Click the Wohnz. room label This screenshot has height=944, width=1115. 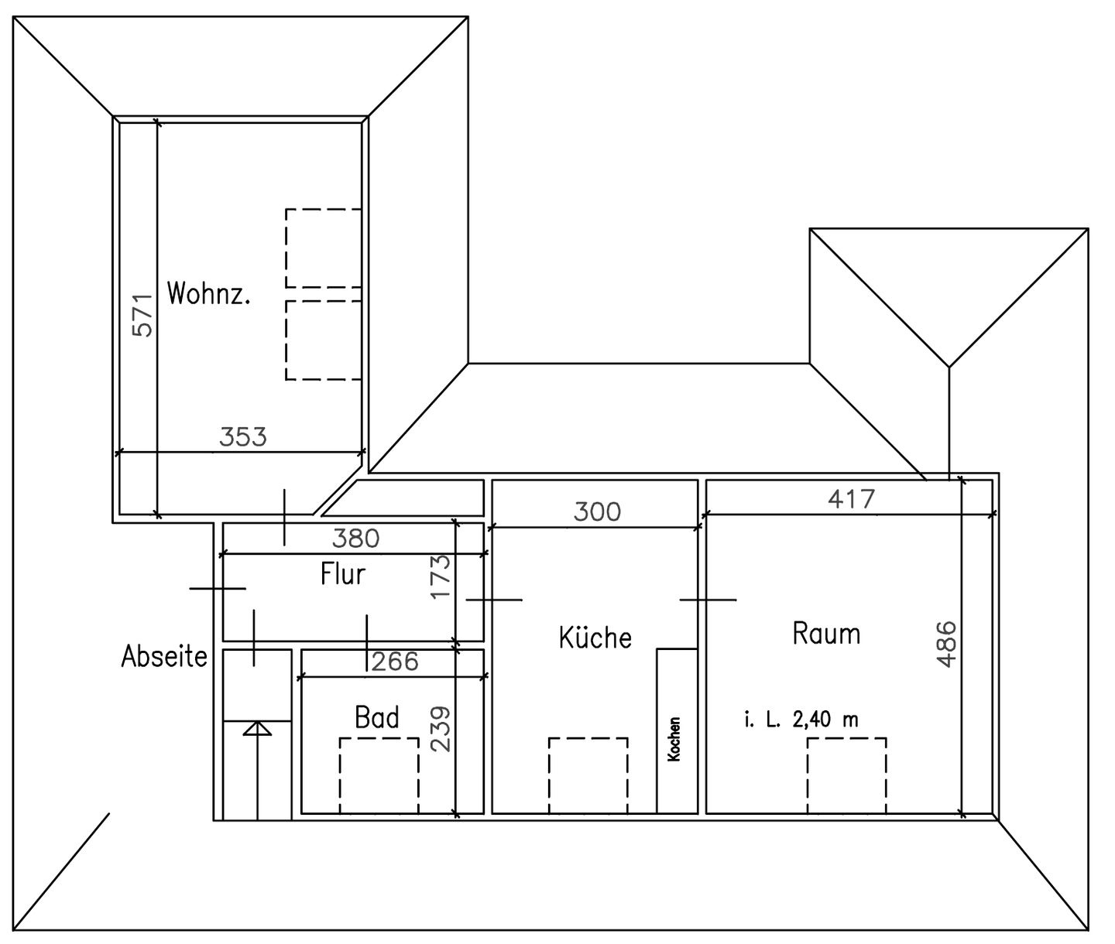point(208,294)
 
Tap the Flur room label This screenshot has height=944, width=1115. point(342,574)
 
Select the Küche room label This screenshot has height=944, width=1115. point(595,638)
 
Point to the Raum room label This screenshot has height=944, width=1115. point(826,634)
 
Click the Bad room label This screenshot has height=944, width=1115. point(377,717)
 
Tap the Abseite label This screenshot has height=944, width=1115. point(164,656)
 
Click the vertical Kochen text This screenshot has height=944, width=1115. point(674,739)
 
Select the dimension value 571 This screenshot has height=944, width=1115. point(143,314)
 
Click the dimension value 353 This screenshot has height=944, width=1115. point(242,436)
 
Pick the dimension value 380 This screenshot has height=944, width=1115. point(355,538)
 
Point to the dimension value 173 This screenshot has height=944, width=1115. point(440,576)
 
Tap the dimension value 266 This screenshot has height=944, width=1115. point(395,661)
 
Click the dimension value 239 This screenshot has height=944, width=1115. point(440,728)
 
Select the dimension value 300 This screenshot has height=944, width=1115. point(597,511)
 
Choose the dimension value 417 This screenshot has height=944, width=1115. point(851,498)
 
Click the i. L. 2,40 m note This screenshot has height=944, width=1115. point(801,720)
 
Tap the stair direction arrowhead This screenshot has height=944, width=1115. point(257,728)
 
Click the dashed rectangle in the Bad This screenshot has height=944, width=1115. point(379,775)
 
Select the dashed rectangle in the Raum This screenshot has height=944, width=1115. point(846,775)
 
